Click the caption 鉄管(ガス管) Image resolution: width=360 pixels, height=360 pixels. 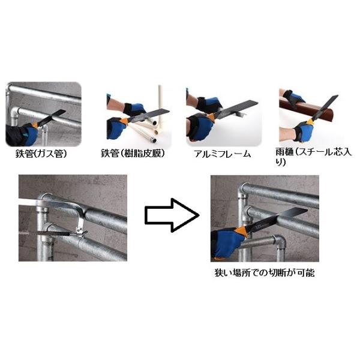click(x=41, y=154)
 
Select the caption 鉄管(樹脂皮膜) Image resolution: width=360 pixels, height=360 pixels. click(x=133, y=154)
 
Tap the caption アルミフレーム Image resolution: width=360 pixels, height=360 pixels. click(x=222, y=154)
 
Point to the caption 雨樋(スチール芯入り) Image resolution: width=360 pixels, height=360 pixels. click(x=314, y=157)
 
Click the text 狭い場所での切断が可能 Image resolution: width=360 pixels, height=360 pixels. click(x=265, y=273)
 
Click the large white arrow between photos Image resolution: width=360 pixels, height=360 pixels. click(x=172, y=215)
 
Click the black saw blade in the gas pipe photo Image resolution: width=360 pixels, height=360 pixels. click(x=52, y=118)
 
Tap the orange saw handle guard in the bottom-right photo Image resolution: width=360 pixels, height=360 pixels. click(x=241, y=232)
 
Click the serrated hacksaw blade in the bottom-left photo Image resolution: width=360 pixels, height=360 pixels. click(x=44, y=233)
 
